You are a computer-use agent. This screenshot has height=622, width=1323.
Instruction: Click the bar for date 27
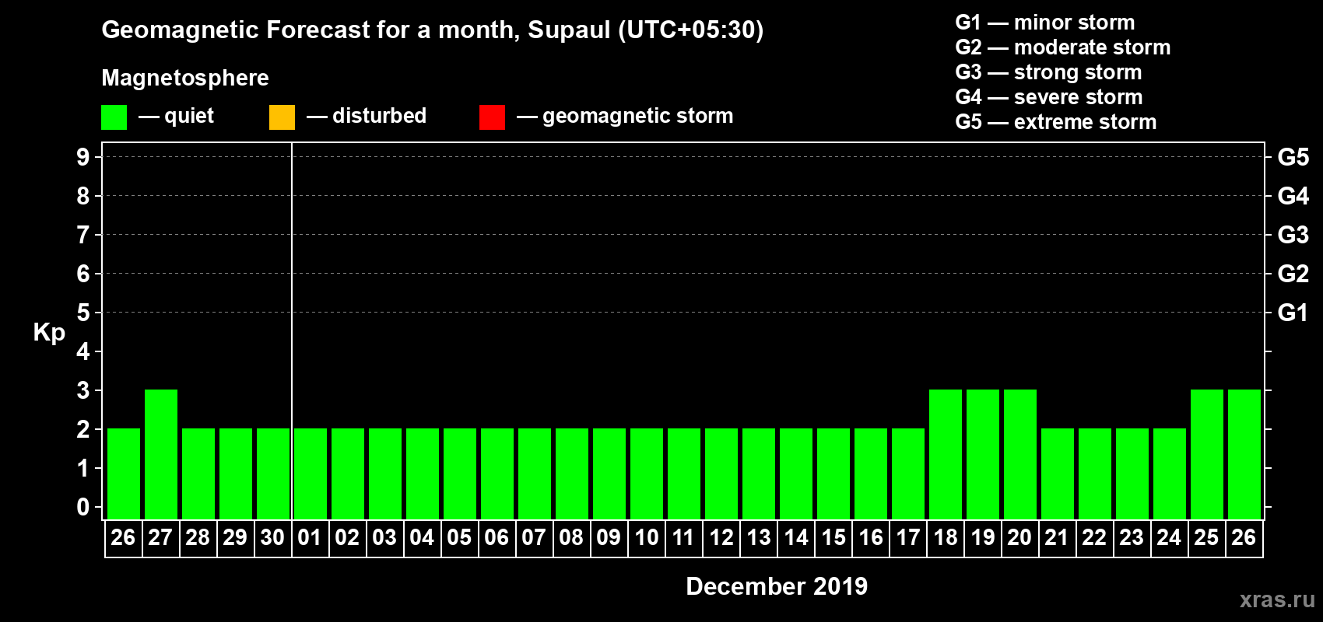161,454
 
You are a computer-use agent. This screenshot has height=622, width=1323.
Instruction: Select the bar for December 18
946,454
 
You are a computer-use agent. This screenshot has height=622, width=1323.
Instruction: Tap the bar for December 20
1020,454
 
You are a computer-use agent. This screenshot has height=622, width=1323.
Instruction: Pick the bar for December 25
1207,454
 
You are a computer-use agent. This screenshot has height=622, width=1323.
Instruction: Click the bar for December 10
647,473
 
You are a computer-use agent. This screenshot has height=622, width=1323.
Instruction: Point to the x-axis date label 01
310,537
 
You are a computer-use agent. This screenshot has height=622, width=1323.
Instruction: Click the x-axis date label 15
833,537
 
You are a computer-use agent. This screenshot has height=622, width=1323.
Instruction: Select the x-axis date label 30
272,537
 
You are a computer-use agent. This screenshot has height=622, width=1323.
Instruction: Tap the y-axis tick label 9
82,157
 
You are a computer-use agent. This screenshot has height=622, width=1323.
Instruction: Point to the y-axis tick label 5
82,313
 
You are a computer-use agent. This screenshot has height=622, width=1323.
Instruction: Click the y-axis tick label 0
82,507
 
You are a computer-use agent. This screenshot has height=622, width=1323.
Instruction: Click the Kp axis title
49,332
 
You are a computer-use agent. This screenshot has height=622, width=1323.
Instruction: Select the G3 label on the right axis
1293,235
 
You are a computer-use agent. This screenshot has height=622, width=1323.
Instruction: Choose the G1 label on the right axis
1293,313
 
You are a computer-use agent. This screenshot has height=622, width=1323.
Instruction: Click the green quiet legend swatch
114,117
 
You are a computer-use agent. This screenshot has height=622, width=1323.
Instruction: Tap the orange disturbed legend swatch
282,117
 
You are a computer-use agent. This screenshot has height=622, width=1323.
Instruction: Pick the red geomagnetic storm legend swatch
492,117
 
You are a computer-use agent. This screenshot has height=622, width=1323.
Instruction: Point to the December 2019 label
777,586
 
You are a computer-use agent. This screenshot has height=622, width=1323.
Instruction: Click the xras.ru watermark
1277,599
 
